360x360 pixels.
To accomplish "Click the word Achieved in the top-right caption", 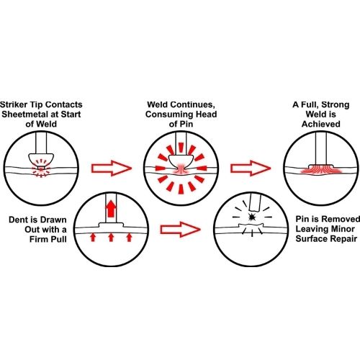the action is (x=321, y=124).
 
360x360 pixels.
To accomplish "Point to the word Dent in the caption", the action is (x=18, y=220).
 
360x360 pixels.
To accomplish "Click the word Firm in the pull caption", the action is (x=38, y=239).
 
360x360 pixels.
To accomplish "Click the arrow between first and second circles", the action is (x=112, y=168).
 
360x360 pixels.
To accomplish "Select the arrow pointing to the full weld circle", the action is (x=251, y=168).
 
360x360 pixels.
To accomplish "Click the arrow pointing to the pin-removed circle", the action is (x=180, y=230).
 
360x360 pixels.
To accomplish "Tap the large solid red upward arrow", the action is (x=111, y=209).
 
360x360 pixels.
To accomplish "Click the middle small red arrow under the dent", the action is (x=111, y=238).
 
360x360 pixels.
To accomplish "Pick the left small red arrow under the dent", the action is (x=93, y=238).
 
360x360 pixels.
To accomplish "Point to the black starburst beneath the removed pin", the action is (x=252, y=217).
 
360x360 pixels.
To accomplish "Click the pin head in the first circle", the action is (x=41, y=159).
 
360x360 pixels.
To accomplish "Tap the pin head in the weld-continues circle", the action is (x=181, y=161).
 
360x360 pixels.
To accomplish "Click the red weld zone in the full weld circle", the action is (x=321, y=169).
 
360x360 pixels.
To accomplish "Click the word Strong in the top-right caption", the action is (x=336, y=105).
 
